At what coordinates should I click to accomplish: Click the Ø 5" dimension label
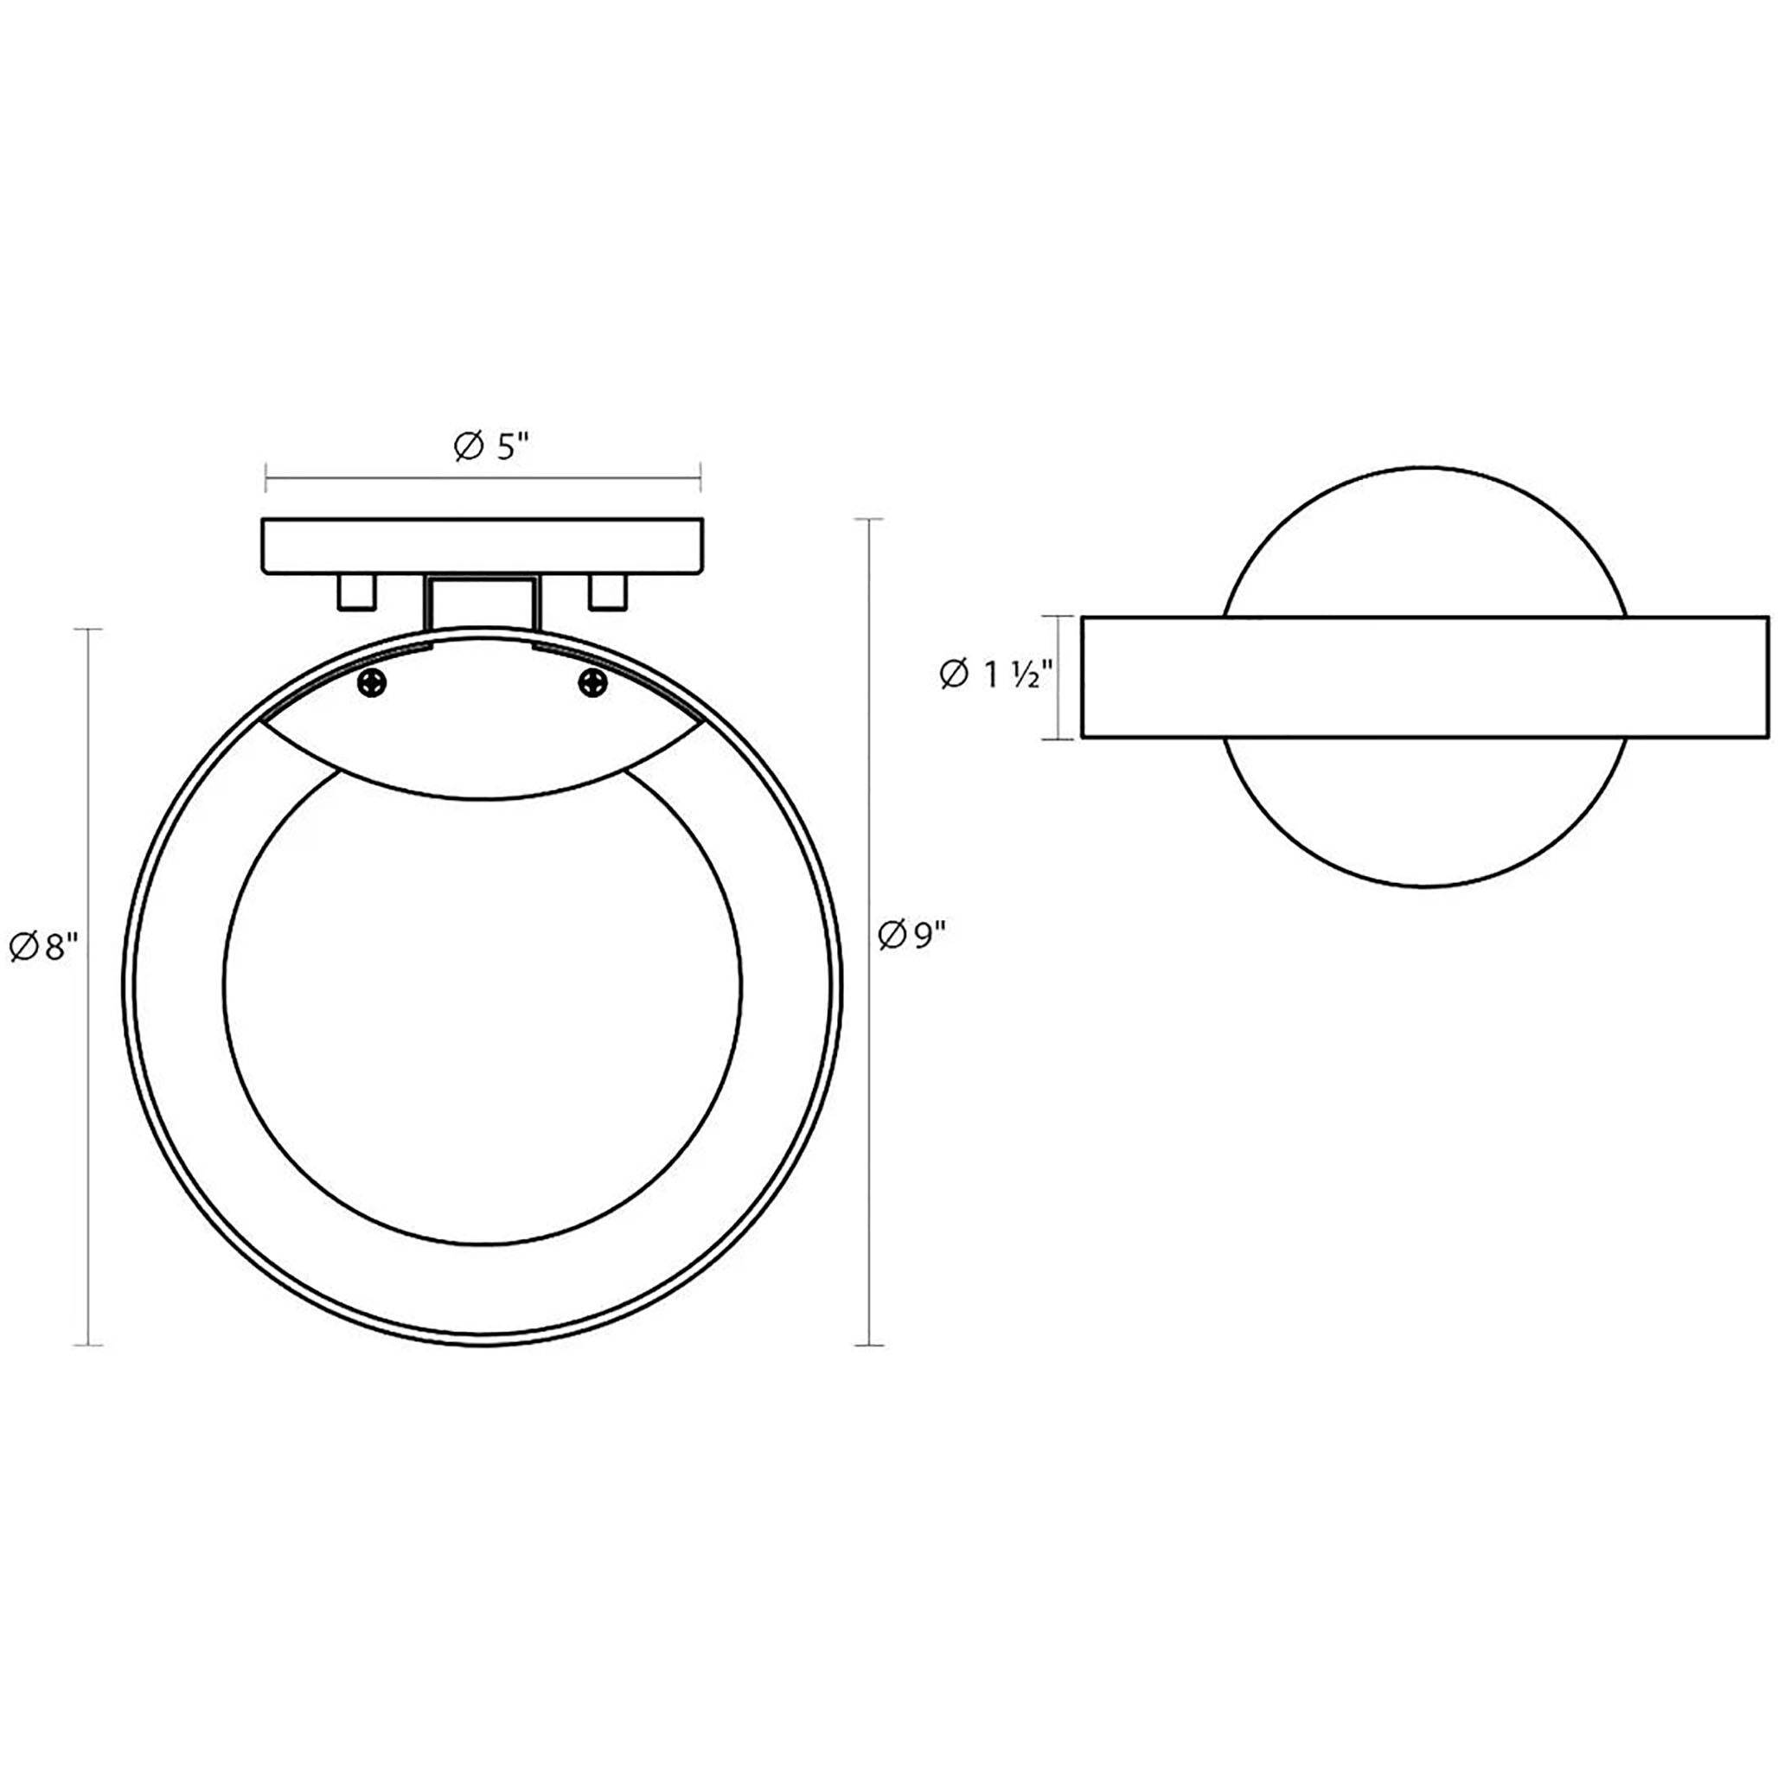click(492, 447)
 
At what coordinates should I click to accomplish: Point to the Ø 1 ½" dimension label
click(995, 677)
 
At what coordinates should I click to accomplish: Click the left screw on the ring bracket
click(373, 684)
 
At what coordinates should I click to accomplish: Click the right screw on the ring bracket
click(592, 683)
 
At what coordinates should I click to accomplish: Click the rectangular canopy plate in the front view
click(483, 547)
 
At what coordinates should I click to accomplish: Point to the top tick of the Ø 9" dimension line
click(870, 520)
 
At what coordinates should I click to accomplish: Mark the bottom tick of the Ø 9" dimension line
click(870, 1346)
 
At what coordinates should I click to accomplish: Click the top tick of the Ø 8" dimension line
click(87, 630)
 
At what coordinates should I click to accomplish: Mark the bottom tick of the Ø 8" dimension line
click(87, 1346)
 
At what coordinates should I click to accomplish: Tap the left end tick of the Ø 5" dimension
click(266, 476)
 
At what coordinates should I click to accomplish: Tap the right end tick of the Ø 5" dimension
click(701, 476)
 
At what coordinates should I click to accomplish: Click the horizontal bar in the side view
click(1424, 677)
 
